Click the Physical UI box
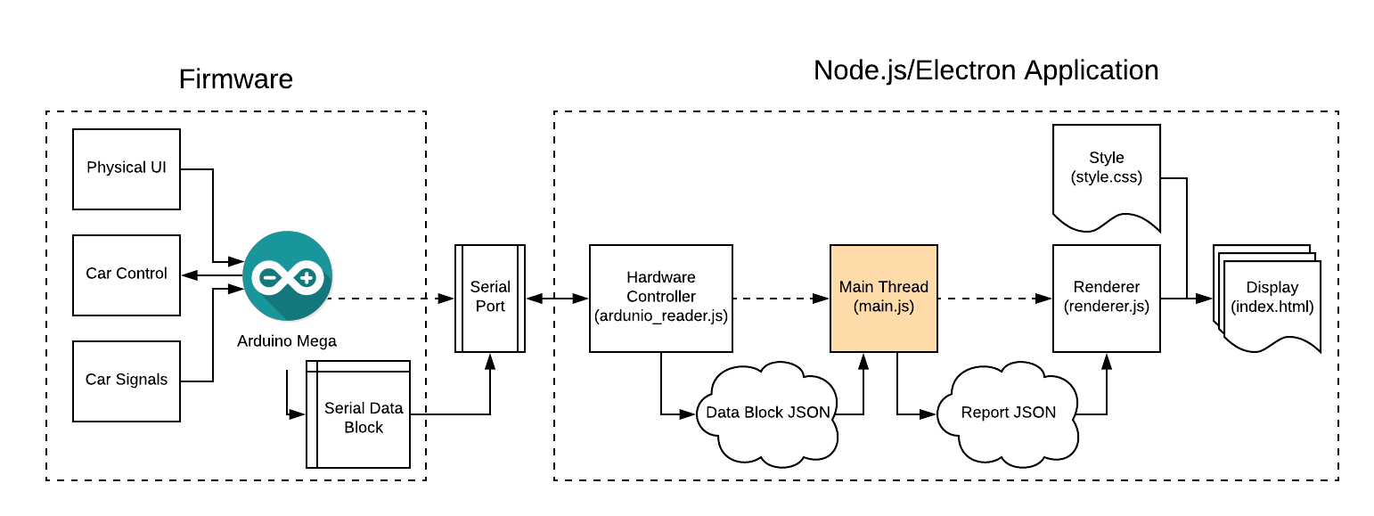[x=127, y=168]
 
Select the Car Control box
[x=127, y=274]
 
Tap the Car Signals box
[x=127, y=380]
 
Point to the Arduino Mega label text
[x=287, y=341]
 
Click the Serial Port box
[x=490, y=298]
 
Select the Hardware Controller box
[x=660, y=298]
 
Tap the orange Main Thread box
[x=883, y=298]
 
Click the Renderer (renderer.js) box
[x=1106, y=298]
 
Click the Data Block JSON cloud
[x=767, y=414]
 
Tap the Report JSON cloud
[x=1008, y=414]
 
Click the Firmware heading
[x=236, y=79]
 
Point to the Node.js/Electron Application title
[x=986, y=70]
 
